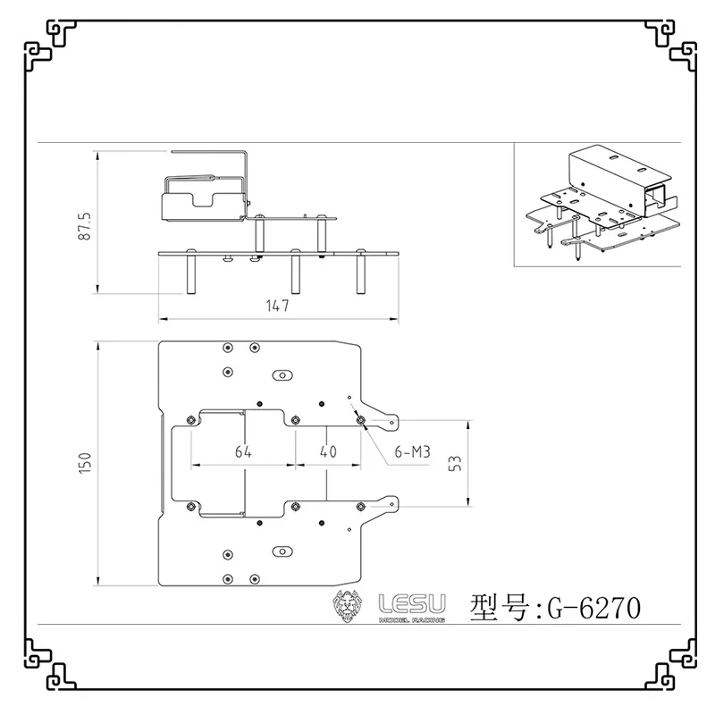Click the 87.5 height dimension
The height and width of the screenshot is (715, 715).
click(85, 226)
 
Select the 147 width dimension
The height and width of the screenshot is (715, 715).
click(278, 306)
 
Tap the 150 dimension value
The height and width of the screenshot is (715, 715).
click(85, 463)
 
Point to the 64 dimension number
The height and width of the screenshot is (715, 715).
click(243, 451)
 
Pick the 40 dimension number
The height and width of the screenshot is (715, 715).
click(328, 451)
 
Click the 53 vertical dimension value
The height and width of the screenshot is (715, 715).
click(455, 463)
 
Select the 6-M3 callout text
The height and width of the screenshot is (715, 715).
click(412, 452)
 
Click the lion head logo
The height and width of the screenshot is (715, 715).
click(348, 606)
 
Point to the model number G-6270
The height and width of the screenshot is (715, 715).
click(593, 608)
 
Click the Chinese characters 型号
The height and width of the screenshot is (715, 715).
click(500, 607)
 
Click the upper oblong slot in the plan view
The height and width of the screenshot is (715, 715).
click(282, 375)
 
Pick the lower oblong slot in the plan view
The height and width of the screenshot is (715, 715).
click(282, 551)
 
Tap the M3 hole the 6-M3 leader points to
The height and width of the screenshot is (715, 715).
click(361, 419)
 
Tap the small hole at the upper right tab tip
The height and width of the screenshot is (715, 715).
click(391, 423)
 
